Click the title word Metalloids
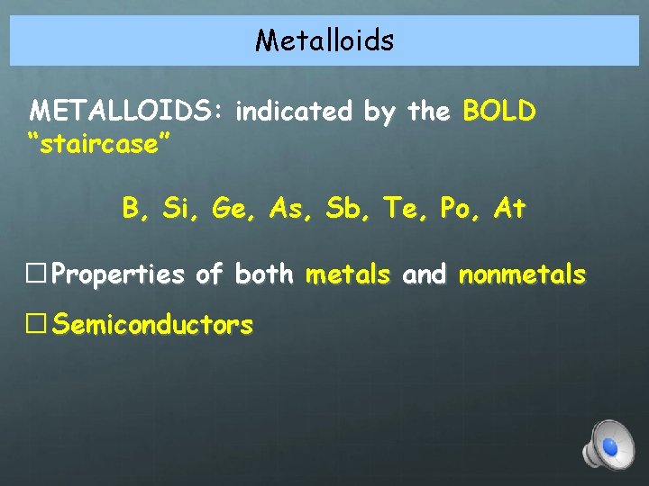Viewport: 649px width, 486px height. pos(324,40)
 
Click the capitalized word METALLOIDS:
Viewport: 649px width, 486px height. pos(130,112)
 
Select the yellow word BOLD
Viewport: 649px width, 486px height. pos(499,112)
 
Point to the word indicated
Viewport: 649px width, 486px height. pos(293,112)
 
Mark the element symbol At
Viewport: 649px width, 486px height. pos(509,211)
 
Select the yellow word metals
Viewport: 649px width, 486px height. pos(349,274)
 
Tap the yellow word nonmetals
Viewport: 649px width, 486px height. pos(522,274)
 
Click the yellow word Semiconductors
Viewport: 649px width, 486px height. pos(151,325)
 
